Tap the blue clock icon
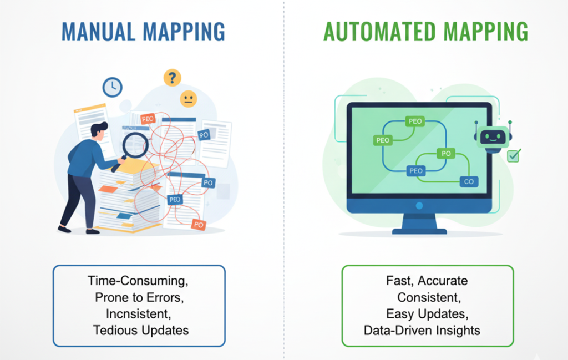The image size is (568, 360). [x=113, y=87]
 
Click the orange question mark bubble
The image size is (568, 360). [x=173, y=78]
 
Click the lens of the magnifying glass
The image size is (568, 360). [x=135, y=145]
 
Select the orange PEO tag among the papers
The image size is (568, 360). [x=148, y=119]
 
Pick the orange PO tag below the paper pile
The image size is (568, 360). [x=199, y=225]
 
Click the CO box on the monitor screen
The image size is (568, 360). [x=469, y=181]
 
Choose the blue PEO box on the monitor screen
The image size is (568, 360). [x=416, y=171]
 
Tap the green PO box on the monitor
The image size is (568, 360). [x=446, y=153]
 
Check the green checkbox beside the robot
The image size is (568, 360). [x=514, y=156]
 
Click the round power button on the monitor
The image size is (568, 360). [x=419, y=205]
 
